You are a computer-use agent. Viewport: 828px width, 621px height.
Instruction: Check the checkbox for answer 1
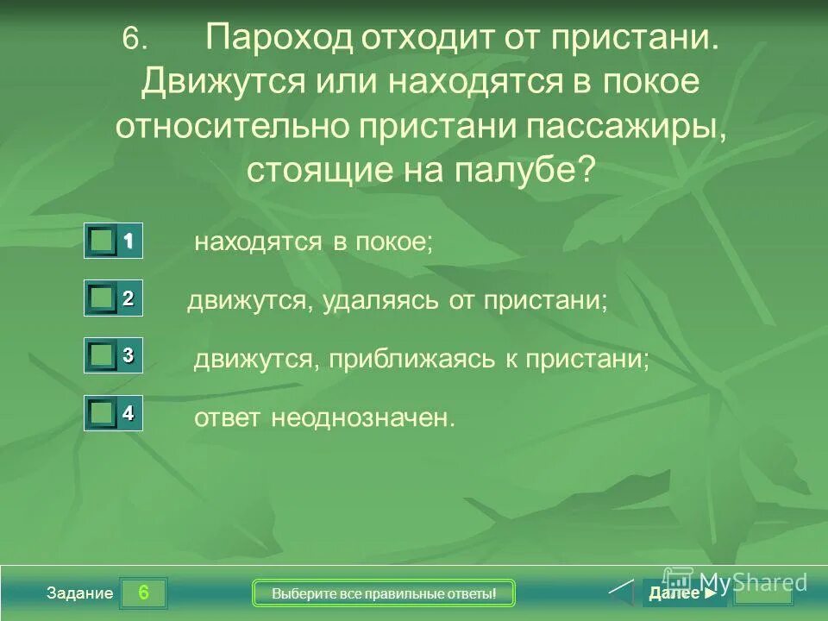(103, 242)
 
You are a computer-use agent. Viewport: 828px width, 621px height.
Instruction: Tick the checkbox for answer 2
(103, 298)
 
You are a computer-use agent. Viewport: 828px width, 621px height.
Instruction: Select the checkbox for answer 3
(103, 354)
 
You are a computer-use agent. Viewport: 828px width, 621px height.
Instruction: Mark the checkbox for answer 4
(103, 413)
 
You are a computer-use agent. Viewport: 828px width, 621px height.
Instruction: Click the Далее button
(681, 593)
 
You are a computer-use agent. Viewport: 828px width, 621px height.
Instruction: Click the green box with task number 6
(143, 593)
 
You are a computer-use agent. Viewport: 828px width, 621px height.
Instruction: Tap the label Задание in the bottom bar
(80, 593)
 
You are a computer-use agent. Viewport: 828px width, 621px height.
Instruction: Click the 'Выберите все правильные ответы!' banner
(384, 593)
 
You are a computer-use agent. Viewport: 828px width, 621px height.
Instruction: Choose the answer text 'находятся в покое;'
(313, 242)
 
